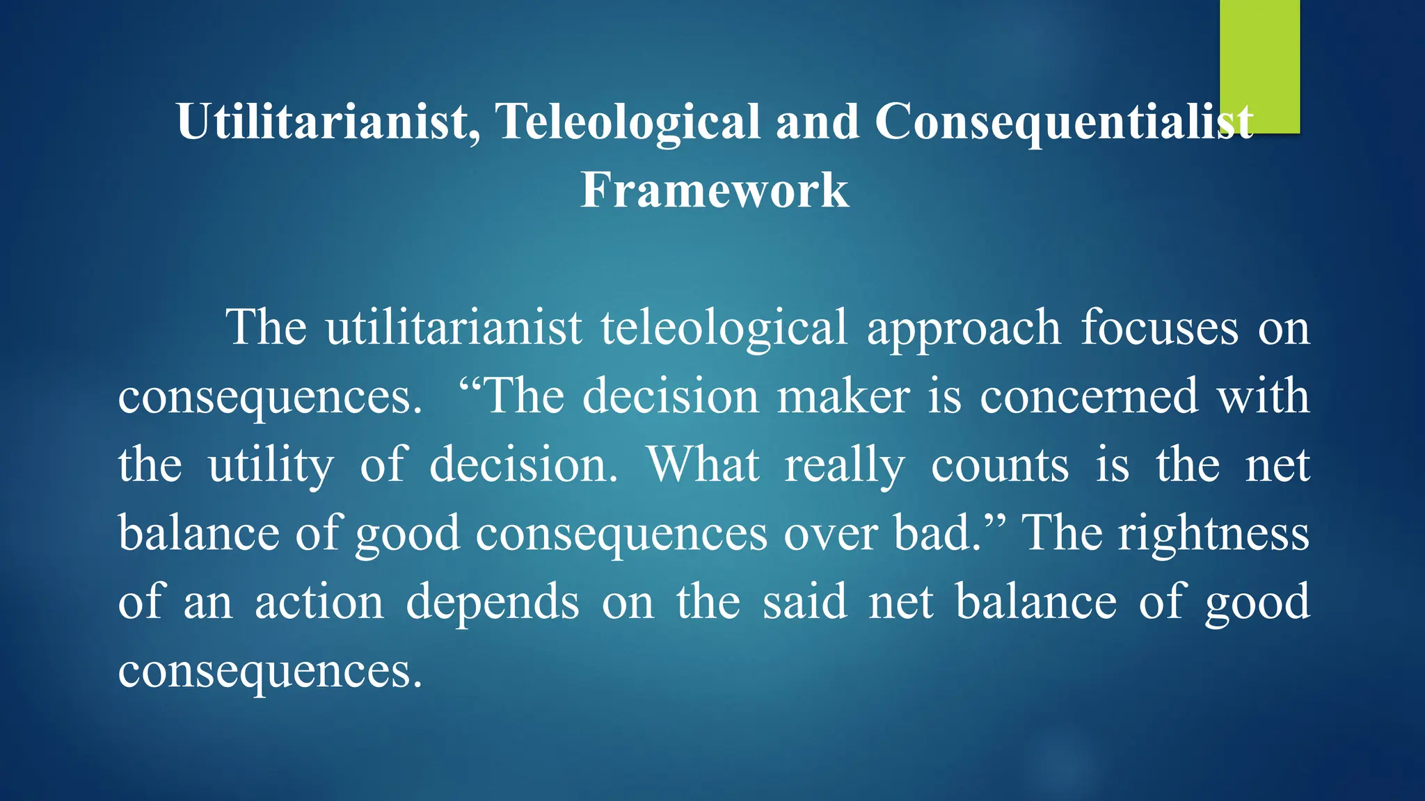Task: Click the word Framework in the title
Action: click(x=715, y=190)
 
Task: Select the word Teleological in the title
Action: click(x=628, y=122)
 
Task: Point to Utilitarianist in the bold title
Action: click(x=327, y=122)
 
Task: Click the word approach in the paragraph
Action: click(x=964, y=328)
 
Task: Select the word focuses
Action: click(x=1160, y=328)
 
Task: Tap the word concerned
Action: click(x=1089, y=397)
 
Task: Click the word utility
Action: click(x=271, y=466)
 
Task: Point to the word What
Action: click(x=703, y=464)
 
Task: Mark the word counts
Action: click(x=1000, y=466)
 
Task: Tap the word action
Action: click(x=319, y=602)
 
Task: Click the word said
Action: click(x=805, y=602)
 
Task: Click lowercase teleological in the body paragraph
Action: click(x=724, y=328)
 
